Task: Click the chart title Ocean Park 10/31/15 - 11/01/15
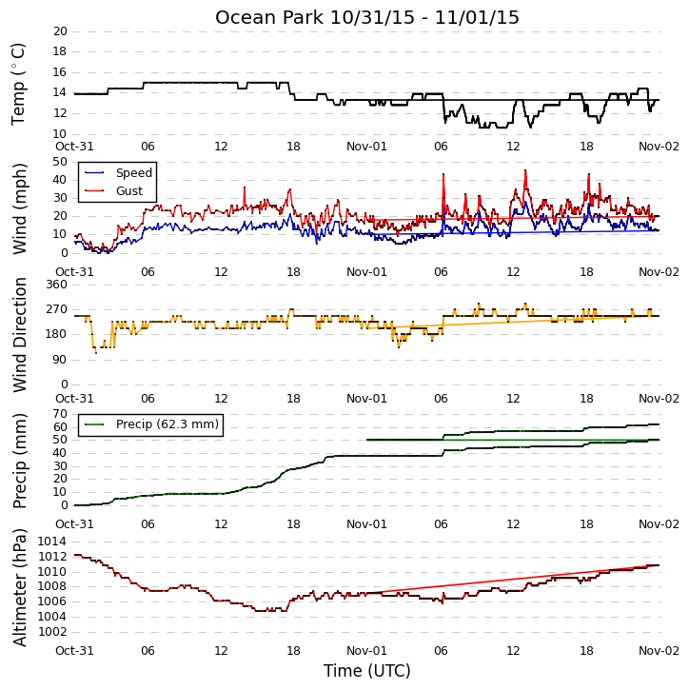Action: pos(367,17)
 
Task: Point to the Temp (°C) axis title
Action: pos(18,84)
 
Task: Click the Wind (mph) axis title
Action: pos(20,209)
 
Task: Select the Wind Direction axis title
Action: pos(20,335)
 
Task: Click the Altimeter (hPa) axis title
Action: pos(20,588)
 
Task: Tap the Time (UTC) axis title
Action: pos(367,671)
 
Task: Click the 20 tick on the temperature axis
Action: pos(60,31)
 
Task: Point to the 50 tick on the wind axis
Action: pos(60,162)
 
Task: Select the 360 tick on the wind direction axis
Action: pos(57,285)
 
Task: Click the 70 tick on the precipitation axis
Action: pos(60,414)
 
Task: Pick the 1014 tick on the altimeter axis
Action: pos(52,542)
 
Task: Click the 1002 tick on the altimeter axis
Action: pos(52,632)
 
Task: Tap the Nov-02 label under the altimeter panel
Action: pos(659,650)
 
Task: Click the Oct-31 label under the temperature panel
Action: pos(74,147)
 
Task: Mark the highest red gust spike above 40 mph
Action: pos(525,170)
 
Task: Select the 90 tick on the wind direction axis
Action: pos(60,360)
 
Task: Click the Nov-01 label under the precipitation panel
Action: pos(366,524)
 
